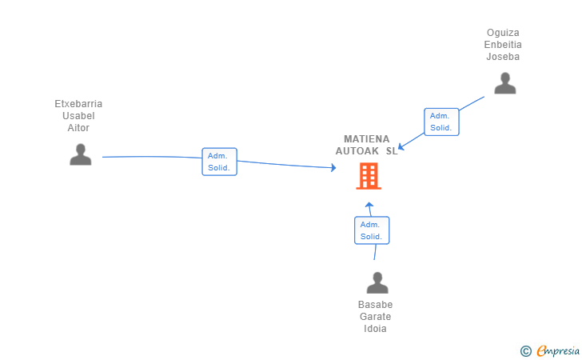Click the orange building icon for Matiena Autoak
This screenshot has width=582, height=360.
click(369, 176)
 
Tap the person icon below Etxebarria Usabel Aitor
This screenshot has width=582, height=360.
click(81, 154)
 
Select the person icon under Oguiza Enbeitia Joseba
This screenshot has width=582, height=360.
click(504, 83)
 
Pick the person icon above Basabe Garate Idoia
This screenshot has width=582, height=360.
click(377, 282)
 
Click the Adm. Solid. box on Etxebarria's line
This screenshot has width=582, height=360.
click(219, 162)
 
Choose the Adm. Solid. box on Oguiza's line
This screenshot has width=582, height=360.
click(441, 122)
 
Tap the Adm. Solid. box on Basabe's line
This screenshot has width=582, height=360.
click(372, 230)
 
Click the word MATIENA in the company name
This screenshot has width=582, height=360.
click(367, 139)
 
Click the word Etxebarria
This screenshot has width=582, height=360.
click(78, 104)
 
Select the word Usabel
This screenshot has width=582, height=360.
click(78, 116)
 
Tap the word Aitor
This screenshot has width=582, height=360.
click(78, 128)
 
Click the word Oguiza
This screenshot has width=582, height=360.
click(503, 33)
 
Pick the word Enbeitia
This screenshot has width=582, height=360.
click(503, 45)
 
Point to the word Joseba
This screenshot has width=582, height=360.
click(503, 57)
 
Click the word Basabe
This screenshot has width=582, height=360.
click(375, 305)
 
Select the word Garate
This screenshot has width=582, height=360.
click(375, 317)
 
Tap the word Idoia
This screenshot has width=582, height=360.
click(375, 329)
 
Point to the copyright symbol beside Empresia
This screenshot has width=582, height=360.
click(525, 350)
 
